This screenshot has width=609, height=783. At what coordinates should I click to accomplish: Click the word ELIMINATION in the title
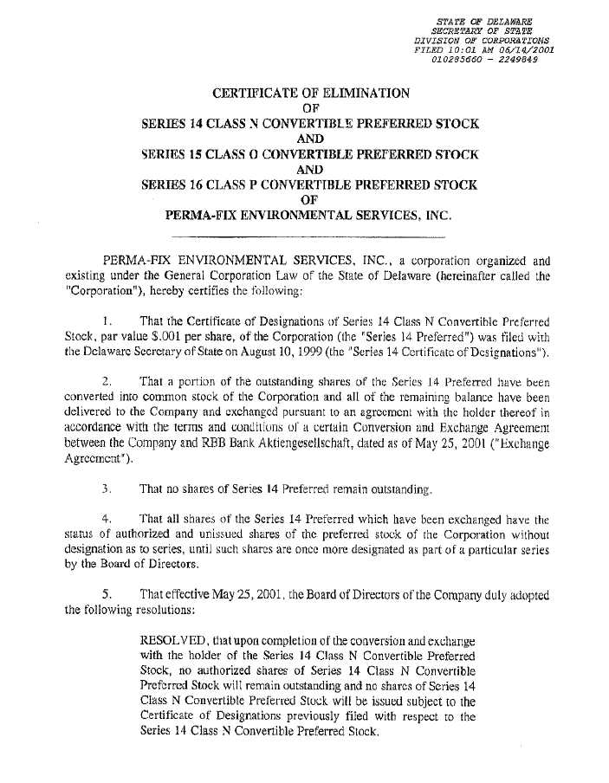click(359, 93)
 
